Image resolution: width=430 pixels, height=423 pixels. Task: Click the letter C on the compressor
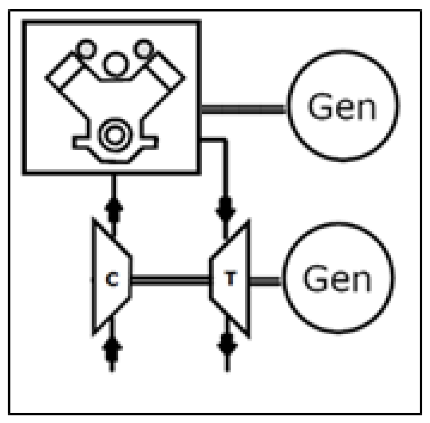pyautogui.click(x=112, y=280)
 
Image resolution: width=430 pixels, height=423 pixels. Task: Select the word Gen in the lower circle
pyautogui.click(x=337, y=279)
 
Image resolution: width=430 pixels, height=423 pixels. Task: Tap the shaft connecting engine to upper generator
pyautogui.click(x=243, y=109)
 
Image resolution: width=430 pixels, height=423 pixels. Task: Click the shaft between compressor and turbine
pyautogui.click(x=171, y=280)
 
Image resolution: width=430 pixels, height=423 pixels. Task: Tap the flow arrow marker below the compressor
pyautogui.click(x=112, y=347)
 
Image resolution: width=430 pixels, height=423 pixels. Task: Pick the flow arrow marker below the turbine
pyautogui.click(x=227, y=343)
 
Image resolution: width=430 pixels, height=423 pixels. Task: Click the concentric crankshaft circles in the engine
pyautogui.click(x=114, y=134)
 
